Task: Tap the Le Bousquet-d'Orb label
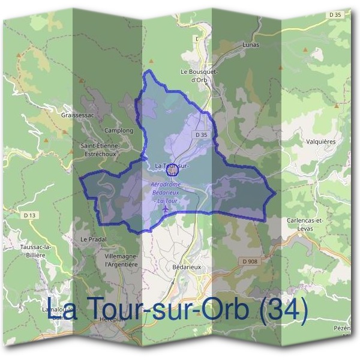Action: coord(199,74)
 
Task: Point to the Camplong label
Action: coord(118,130)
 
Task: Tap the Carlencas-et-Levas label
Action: coord(305,224)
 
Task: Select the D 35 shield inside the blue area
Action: coord(201,135)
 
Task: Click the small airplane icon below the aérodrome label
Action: coord(166,209)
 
